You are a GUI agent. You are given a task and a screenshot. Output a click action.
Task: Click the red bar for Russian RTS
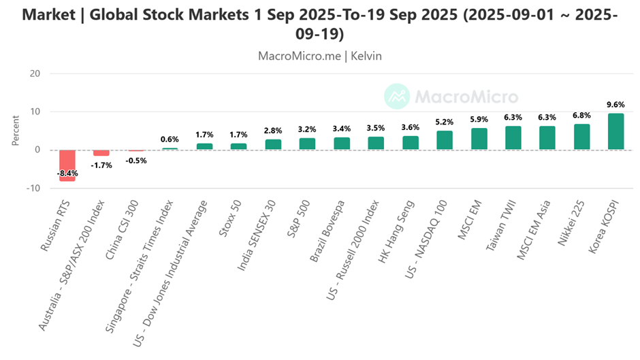(67, 165)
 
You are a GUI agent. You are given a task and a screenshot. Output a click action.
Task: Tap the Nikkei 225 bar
(581, 137)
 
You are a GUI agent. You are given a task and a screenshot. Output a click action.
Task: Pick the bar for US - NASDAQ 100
(444, 140)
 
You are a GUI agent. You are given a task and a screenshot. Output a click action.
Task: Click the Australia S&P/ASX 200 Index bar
(101, 152)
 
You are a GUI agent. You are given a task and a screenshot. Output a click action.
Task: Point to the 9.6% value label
(615, 105)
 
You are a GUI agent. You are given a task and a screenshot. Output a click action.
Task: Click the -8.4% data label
(67, 174)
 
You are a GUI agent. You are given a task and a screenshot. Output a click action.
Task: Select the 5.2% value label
(444, 122)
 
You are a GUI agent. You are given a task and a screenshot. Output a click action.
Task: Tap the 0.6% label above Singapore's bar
(170, 140)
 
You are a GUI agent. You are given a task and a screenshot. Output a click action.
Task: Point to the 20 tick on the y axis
(35, 73)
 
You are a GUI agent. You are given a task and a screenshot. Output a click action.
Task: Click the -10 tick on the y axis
(33, 188)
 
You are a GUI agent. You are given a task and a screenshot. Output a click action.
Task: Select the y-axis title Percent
(16, 131)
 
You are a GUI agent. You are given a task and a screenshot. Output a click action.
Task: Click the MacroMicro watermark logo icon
(397, 97)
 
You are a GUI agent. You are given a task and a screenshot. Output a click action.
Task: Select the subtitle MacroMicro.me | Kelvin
(319, 56)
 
